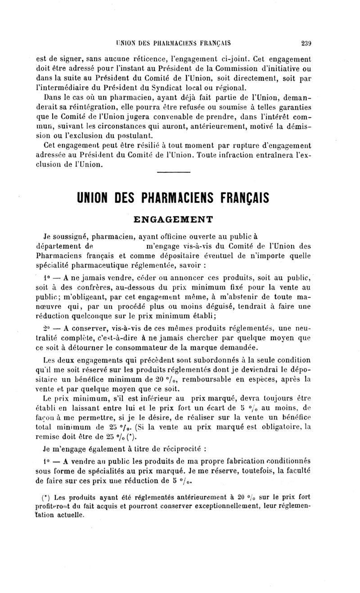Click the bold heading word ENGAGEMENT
tap(174, 220)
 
